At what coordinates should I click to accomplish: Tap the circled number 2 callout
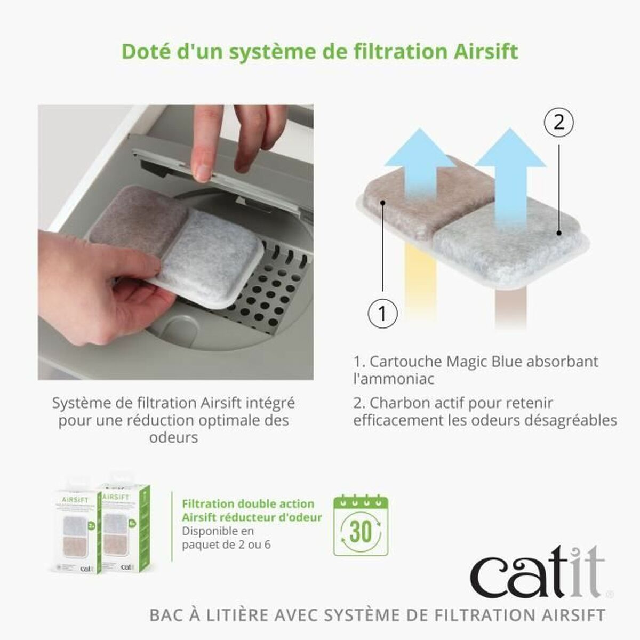(558, 124)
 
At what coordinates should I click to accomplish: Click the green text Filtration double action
(248, 504)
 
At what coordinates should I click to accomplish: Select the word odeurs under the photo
(173, 437)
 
